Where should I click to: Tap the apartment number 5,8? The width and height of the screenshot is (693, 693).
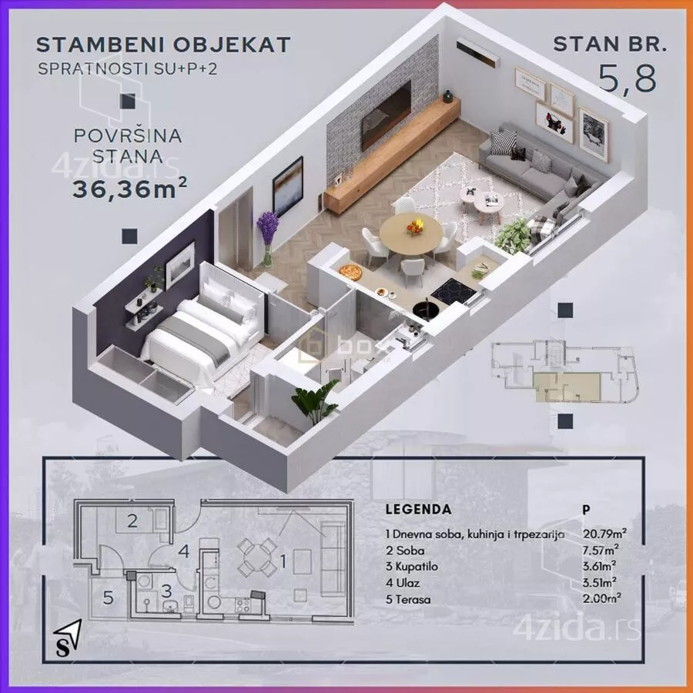click(x=628, y=77)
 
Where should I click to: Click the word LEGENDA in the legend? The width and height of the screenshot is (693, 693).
click(x=417, y=510)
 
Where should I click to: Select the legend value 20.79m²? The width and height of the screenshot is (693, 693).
click(x=603, y=534)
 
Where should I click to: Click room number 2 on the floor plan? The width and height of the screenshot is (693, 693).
click(x=132, y=521)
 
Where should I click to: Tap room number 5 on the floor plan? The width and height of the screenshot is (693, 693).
click(x=109, y=596)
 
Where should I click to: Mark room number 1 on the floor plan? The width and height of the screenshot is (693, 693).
click(x=283, y=562)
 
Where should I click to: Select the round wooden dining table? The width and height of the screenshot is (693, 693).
click(x=411, y=229)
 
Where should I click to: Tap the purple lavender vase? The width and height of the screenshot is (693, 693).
click(x=266, y=236)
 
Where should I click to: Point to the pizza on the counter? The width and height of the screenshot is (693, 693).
click(x=350, y=271)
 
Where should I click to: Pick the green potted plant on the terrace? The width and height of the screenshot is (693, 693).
click(x=313, y=403)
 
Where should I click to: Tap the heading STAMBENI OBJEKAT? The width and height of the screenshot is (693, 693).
click(x=163, y=44)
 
